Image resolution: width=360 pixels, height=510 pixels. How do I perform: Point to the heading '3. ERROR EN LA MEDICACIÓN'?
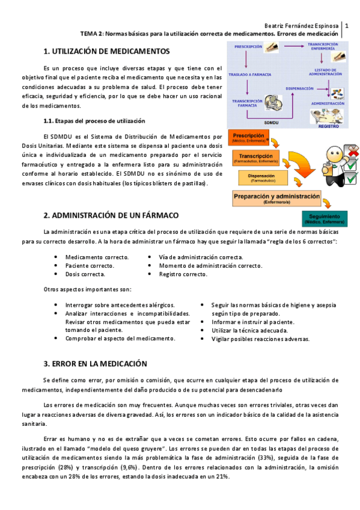95,364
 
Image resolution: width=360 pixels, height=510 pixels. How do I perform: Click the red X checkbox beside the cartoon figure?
352,150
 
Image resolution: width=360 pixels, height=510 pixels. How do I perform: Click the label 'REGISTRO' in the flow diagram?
328,127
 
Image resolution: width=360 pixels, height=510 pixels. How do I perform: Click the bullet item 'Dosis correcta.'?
85,274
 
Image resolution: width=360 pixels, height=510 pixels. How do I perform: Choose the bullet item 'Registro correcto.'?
183,274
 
